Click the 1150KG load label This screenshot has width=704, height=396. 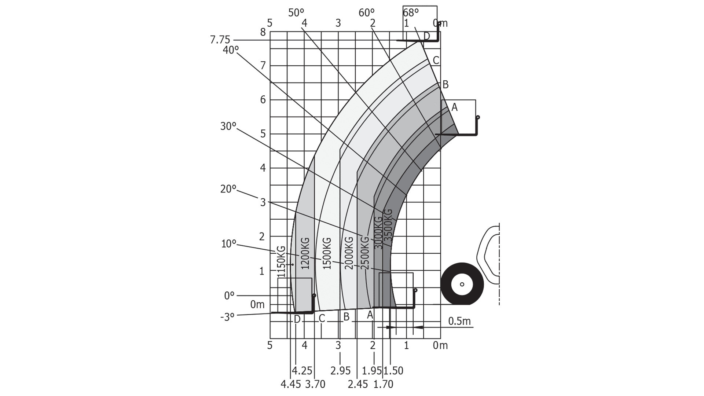coord(281,261)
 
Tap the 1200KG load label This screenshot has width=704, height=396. coord(305,253)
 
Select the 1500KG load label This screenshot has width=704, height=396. coord(327,253)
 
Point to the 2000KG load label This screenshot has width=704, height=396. coord(349,253)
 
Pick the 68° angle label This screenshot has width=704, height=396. coord(411,13)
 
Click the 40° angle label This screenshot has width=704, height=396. coord(231,50)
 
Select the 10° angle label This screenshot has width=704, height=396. coord(229,244)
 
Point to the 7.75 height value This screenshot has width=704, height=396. coord(220,40)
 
